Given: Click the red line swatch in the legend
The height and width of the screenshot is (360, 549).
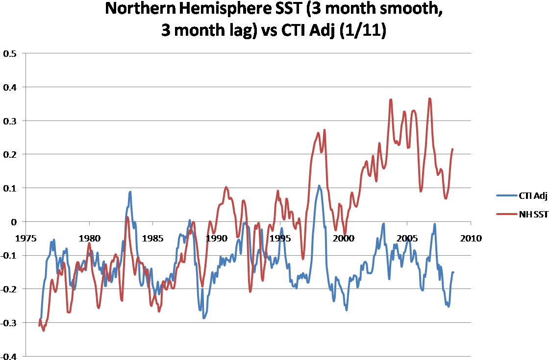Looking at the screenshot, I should click(x=507, y=214).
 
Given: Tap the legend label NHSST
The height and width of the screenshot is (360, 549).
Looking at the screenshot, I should click(x=534, y=214).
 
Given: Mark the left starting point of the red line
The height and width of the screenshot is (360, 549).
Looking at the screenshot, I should click(x=39, y=324).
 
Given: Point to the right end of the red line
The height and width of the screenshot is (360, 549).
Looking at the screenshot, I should click(x=452, y=148).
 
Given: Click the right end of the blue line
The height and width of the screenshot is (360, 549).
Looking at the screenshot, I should click(x=453, y=272).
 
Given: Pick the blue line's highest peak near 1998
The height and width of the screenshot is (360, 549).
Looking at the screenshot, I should click(x=319, y=186).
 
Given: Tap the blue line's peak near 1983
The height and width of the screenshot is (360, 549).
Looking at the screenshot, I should click(x=130, y=192).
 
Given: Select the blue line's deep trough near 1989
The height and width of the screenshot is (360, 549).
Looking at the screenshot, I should click(x=204, y=318).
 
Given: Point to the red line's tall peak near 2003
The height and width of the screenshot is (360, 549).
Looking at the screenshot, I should click(x=430, y=98).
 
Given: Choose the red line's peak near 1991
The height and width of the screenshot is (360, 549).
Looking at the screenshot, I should click(x=226, y=187).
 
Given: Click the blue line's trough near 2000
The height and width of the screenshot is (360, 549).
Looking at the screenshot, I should click(x=347, y=310).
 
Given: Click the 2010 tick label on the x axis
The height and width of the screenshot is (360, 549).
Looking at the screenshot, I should click(x=471, y=239).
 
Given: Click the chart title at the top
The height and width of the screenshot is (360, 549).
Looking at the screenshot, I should click(x=274, y=20).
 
